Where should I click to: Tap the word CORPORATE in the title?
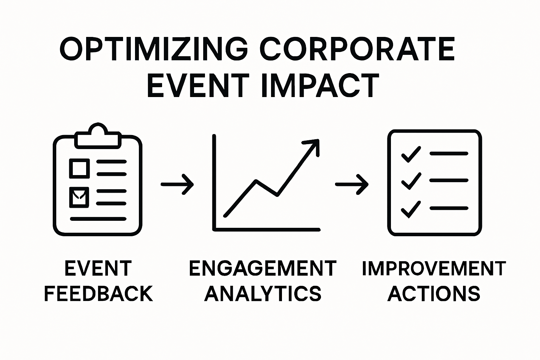click(x=358, y=50)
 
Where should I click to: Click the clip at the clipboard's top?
click(x=98, y=136)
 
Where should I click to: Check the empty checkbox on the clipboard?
click(x=79, y=168)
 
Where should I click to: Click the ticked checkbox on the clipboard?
click(x=79, y=197)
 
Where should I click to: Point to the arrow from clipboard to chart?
click(x=178, y=184)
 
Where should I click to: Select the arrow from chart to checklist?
click(x=352, y=184)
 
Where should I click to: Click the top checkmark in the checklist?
click(x=411, y=154)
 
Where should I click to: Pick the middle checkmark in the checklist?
click(x=411, y=181)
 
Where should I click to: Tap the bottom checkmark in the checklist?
click(x=411, y=209)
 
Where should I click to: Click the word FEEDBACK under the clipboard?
click(x=99, y=294)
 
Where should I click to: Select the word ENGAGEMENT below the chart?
click(x=263, y=269)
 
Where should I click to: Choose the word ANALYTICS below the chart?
click(x=263, y=294)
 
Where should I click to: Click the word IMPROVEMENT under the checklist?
click(x=434, y=269)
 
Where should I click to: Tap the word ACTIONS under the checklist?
click(x=434, y=294)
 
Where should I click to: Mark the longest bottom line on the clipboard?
click(x=98, y=219)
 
